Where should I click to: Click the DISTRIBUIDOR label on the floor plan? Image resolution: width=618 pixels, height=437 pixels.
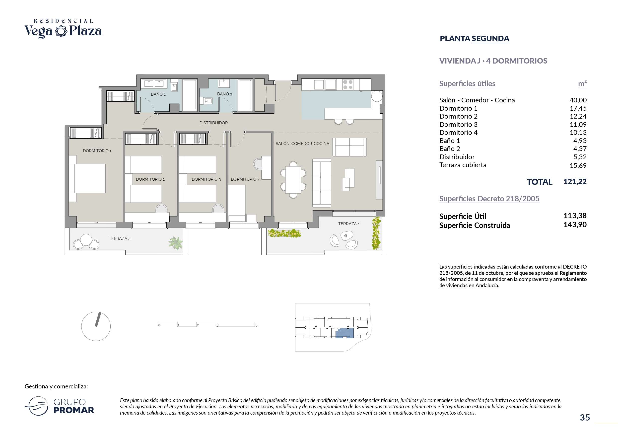tap(213, 123)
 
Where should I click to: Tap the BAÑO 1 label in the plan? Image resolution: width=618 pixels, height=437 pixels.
tap(158, 94)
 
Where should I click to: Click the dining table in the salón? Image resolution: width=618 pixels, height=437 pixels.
tap(293, 180)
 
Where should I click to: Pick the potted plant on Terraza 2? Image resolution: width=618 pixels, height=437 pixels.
tap(176, 243)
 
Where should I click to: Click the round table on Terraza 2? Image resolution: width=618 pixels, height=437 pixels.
tap(86, 240)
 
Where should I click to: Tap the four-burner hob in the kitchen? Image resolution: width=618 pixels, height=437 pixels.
tap(348, 84)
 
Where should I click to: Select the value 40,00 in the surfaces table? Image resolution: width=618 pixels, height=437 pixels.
tap(578, 100)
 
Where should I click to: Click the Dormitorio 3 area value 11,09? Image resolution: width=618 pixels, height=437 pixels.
tap(578, 124)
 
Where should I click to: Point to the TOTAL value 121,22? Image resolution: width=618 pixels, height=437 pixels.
tap(575, 181)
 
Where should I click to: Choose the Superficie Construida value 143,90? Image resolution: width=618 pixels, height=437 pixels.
tap(575, 224)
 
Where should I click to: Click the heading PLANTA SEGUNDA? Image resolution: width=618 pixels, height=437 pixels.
tap(475, 39)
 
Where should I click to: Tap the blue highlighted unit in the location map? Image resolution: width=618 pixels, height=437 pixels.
tap(344, 333)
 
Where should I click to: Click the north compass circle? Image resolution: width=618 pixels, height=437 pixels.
tap(96, 326)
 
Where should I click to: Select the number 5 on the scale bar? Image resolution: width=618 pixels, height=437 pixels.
tap(256, 325)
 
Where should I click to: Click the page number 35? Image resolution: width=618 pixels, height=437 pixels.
tap(585, 417)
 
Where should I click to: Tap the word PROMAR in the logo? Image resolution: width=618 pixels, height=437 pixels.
tap(74, 410)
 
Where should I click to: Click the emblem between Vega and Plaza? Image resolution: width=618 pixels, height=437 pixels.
tap(61, 31)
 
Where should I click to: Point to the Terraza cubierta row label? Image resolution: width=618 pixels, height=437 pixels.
tap(463, 165)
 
